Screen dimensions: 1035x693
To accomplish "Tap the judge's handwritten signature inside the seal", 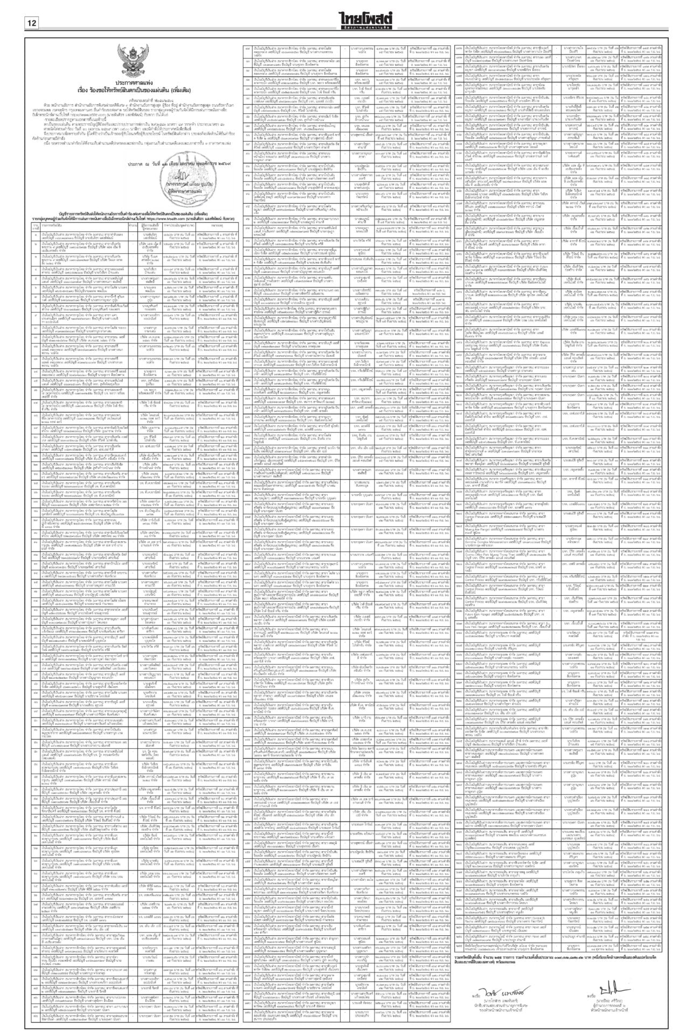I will [x=182, y=174].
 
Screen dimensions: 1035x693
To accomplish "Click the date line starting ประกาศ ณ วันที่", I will [x=151, y=162].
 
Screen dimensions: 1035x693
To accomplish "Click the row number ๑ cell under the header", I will [x=36, y=236].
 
